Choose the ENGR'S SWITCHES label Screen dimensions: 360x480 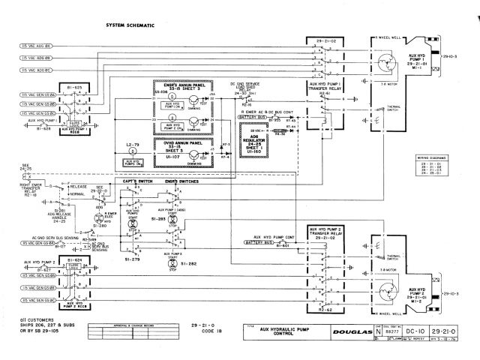179,181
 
